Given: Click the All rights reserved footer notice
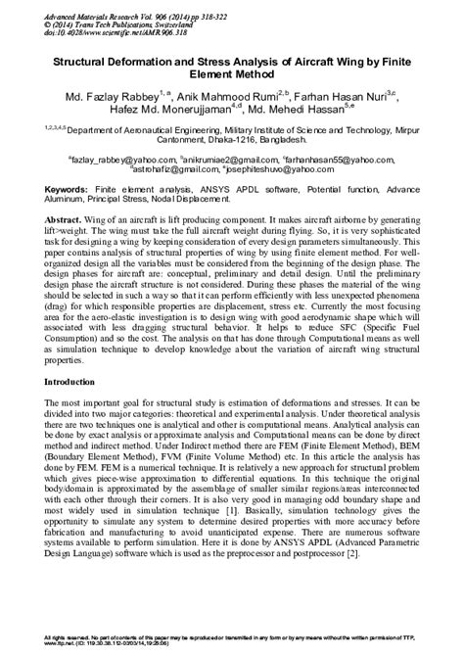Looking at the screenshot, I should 231,639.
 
